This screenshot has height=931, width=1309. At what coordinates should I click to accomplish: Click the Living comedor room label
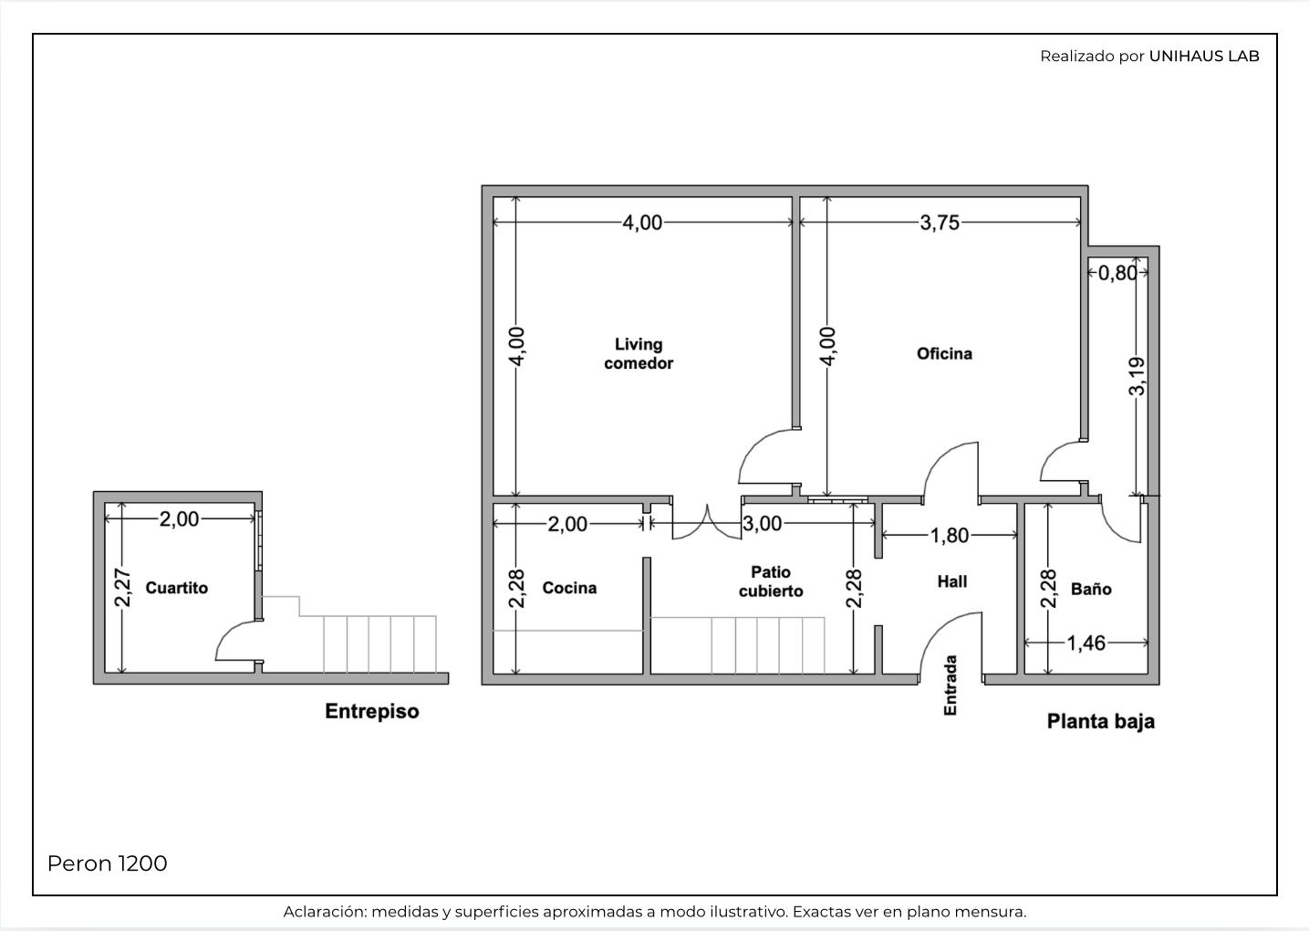pos(639,354)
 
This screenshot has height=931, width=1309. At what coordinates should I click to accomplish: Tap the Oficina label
pos(944,354)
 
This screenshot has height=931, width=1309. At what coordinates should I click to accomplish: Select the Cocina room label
pos(569,588)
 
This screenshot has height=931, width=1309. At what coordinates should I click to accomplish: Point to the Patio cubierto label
pos(771,581)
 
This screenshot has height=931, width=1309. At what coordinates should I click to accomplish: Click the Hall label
pos(952,581)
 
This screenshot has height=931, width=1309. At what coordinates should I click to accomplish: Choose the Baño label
pos(1091,589)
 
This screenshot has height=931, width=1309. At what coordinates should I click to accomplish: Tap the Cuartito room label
pos(176,588)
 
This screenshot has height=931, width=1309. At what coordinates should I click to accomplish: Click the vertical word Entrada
pos(951,685)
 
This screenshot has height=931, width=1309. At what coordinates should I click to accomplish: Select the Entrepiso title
pos(371,712)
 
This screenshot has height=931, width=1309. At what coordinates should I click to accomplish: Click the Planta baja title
pos(1100,721)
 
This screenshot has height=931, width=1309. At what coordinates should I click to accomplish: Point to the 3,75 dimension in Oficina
pos(939,223)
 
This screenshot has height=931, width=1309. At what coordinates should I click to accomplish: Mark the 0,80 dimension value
pos(1117,273)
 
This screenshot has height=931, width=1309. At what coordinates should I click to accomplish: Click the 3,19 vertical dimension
pos(1137,377)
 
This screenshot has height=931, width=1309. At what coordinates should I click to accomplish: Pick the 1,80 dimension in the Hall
pos(949,535)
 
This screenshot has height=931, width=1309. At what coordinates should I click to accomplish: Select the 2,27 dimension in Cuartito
pos(122,588)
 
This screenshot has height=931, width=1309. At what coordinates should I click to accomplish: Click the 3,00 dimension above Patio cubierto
pos(762,524)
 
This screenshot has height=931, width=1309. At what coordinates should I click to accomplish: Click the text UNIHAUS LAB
pos(1204,57)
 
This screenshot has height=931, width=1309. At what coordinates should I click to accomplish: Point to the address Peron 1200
pos(107,863)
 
